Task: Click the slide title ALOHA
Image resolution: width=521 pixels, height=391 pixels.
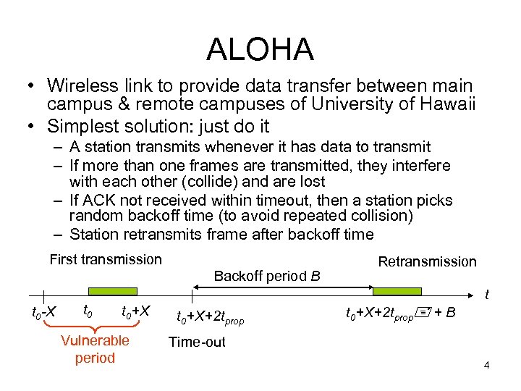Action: (260, 49)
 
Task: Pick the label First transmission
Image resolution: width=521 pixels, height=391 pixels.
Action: (106, 259)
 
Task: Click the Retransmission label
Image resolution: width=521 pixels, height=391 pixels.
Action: (427, 261)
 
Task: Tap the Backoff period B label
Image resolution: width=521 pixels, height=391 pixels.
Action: (267, 276)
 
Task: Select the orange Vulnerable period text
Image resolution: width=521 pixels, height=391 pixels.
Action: (95, 349)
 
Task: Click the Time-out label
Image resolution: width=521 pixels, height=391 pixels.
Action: (197, 342)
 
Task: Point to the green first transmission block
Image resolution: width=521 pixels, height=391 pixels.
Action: (106, 292)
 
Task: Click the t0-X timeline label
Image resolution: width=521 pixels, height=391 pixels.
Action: (45, 312)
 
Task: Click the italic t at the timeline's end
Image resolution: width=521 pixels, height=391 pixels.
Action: (487, 295)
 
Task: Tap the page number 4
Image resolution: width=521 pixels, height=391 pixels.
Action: (487, 366)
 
